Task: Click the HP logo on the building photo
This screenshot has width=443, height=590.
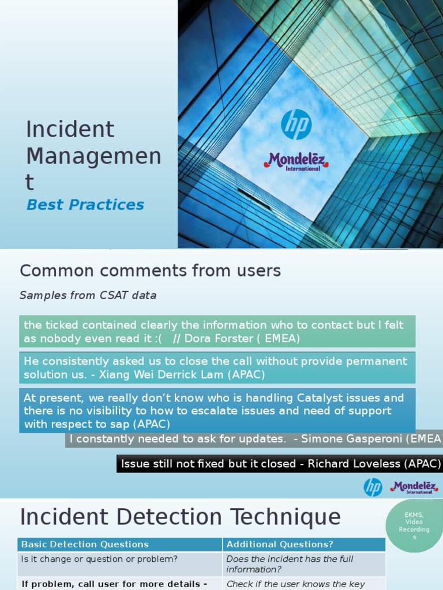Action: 296,124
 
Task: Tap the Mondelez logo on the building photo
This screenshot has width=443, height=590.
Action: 296,161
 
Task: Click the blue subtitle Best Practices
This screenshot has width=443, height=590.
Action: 85,205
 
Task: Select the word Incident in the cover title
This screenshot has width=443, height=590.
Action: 70,129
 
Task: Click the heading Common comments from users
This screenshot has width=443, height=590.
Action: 150,270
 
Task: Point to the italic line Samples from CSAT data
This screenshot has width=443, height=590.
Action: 88,296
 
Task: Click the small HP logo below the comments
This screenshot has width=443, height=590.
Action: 373,487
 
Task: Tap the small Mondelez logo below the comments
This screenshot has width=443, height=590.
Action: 414,487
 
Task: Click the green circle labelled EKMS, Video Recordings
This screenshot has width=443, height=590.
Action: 414,525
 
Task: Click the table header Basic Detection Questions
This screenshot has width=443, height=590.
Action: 85,544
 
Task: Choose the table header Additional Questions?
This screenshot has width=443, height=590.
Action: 280,544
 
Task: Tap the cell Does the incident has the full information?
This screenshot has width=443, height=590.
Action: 290,564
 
